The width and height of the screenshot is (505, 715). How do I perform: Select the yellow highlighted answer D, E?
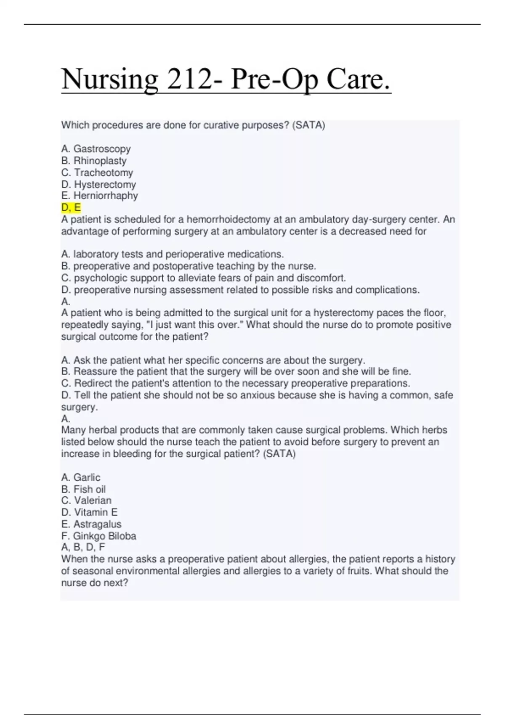click(x=71, y=207)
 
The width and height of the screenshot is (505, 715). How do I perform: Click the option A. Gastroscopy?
click(x=96, y=149)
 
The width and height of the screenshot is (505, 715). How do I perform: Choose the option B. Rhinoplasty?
click(x=93, y=161)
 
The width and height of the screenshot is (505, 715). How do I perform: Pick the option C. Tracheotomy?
click(x=97, y=172)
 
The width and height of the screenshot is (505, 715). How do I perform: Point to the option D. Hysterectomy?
click(x=98, y=184)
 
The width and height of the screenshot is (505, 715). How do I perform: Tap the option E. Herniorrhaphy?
click(x=99, y=196)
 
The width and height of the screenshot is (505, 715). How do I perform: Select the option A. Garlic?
click(x=81, y=477)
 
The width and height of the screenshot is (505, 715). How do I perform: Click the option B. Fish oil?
click(x=83, y=489)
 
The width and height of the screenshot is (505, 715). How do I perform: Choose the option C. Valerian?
click(x=86, y=500)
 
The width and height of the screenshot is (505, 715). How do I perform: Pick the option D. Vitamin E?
click(x=89, y=512)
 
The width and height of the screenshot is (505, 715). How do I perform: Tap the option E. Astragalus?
click(x=91, y=524)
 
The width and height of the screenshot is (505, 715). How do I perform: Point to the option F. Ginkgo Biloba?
click(x=98, y=536)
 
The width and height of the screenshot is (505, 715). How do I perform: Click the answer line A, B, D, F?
click(x=83, y=547)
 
